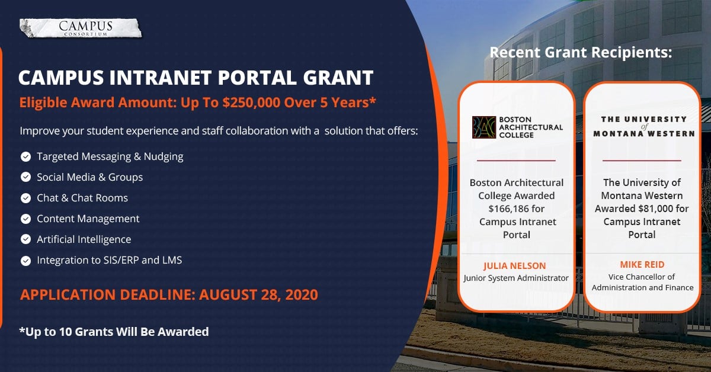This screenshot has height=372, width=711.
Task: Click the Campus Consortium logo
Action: coord(81,28)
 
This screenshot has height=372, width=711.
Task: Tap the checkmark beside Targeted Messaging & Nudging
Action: coord(25,157)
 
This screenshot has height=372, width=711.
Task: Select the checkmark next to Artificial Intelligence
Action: coord(25,239)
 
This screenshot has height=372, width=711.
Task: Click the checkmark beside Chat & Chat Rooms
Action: coord(25,198)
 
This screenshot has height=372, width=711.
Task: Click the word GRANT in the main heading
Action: coord(338,78)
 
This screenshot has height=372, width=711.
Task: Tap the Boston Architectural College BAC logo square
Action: coord(483,127)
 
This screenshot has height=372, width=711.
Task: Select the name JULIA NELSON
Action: coord(514,265)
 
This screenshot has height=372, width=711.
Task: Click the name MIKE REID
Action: coord(642,264)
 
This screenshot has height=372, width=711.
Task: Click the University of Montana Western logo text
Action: coord(644,126)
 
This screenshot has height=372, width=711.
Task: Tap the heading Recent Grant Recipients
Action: coord(581,52)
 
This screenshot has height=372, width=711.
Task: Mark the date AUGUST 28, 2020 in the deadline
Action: coord(258,294)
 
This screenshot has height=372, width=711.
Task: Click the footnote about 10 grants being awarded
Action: coord(114,332)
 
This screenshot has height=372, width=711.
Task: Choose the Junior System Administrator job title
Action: coord(516,278)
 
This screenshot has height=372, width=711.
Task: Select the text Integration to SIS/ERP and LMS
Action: coord(110,260)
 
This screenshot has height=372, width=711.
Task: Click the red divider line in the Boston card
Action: coord(516,161)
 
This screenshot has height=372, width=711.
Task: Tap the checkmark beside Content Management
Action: coord(25,219)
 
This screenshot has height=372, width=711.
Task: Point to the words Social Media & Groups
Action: coord(90,177)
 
